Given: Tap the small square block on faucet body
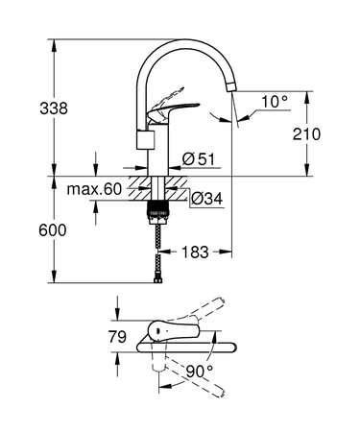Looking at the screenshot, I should point(147,141).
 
